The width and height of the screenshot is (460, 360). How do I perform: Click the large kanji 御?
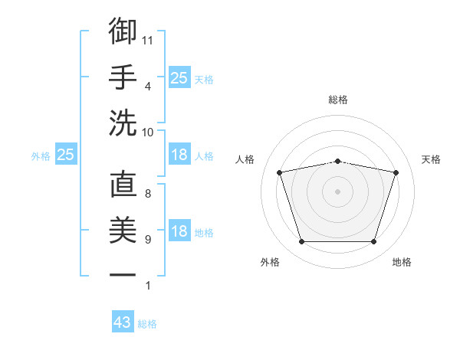pos(123,31)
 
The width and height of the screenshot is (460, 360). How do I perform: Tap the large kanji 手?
pos(123,77)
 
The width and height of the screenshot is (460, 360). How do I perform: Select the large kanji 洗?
pos(123,123)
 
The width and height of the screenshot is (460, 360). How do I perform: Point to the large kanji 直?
pos(123,184)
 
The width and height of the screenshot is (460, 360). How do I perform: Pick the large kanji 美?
pos(123,230)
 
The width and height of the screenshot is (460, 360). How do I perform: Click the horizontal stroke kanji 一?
pos(123,275)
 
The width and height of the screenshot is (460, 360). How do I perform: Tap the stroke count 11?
pos(147,41)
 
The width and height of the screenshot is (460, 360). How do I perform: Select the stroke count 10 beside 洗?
pos(147,133)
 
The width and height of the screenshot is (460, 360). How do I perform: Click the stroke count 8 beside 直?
pos(148,194)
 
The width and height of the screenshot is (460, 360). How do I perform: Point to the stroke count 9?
pos(148,240)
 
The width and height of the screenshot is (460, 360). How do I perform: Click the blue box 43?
pos(123,321)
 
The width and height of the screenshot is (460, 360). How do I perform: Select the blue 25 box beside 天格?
pos(179,77)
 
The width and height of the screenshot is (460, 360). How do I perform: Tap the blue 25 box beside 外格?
pos(66,154)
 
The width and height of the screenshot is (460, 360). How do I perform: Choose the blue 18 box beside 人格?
pos(179,154)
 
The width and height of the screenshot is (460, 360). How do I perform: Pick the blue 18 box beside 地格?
pos(179,230)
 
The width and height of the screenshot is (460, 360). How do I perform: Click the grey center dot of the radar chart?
pos(337,191)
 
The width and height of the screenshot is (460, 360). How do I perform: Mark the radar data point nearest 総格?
pos(337,162)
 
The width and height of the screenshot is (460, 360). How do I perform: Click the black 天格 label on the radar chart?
pos(431,159)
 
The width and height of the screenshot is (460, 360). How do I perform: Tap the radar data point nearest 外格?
pos(302,241)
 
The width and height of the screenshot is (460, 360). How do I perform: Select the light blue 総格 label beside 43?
pos(147,324)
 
